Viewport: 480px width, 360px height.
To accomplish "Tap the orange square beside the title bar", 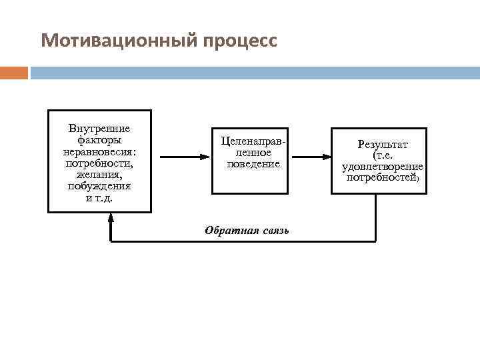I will tap(14, 73).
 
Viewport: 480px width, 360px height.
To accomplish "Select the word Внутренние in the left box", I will tap(99, 129).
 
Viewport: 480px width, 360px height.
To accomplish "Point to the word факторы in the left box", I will tap(99, 140).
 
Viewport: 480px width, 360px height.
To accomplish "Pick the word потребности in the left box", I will tap(99, 163).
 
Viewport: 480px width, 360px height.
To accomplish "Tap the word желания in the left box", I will tap(99, 174).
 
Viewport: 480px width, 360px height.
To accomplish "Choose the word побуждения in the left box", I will tap(99, 185).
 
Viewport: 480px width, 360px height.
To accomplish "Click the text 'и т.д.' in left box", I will tap(99, 197).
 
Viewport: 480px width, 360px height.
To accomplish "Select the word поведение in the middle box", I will tap(253, 164).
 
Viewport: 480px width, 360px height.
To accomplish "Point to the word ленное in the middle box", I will tap(253, 153).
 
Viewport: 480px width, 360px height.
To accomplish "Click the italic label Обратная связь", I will tap(247, 231).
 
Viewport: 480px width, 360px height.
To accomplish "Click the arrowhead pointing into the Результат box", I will tap(327, 157).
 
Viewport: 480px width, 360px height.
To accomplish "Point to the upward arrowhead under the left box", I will tap(111, 218).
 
